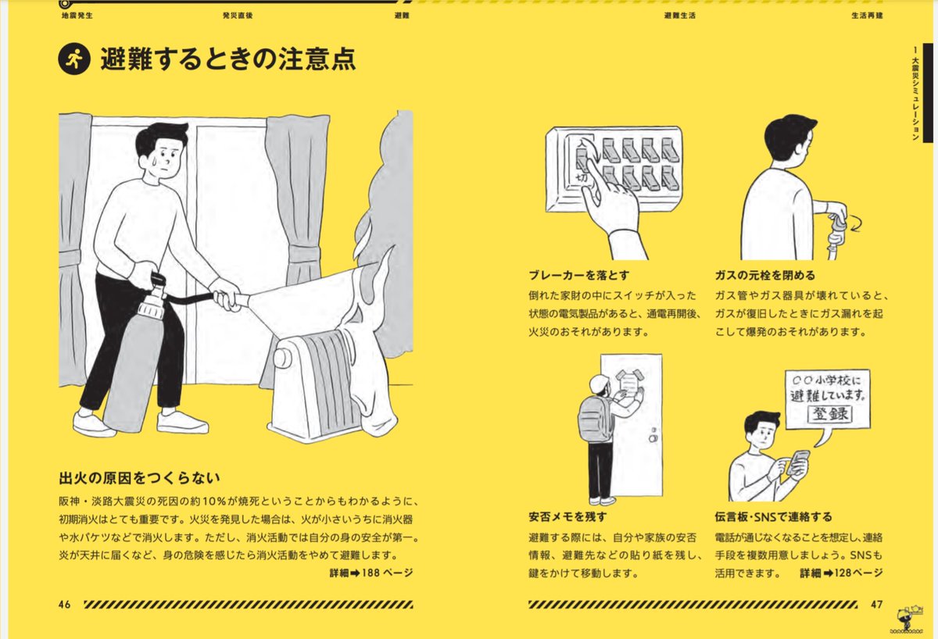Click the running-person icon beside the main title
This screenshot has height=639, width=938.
click(74, 59)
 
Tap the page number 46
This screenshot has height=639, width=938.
click(64, 605)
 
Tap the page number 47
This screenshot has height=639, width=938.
click(876, 605)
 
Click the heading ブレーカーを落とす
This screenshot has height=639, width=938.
click(579, 275)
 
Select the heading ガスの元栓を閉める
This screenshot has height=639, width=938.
click(765, 275)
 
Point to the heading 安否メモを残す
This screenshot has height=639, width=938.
click(567, 517)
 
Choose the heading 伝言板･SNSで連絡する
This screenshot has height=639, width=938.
click(773, 517)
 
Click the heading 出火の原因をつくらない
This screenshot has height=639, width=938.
click(139, 478)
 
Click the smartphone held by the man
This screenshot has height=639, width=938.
click(798, 462)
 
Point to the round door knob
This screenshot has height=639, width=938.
click(653, 438)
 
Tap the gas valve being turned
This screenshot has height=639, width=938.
click(836, 227)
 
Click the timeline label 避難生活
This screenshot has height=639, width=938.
click(679, 16)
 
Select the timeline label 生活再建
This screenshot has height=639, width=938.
click(867, 16)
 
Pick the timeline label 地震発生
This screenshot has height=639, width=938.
click(77, 16)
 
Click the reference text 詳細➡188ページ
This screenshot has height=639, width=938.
click(371, 572)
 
